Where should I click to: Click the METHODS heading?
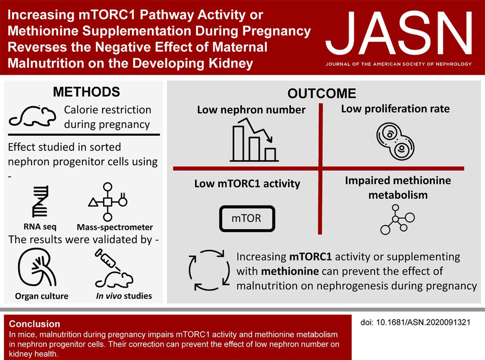pos(86,92)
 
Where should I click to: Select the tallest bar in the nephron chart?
pos(238,143)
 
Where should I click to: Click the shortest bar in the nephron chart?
pos(270,154)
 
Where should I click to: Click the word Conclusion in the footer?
pos(35,324)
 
